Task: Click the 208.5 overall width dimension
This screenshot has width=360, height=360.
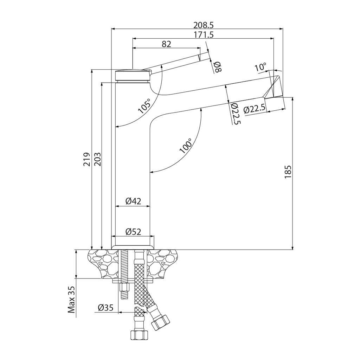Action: pos(204,25)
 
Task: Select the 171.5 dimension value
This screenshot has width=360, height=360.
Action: pos(204,35)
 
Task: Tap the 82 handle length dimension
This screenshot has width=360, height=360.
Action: pos(166,44)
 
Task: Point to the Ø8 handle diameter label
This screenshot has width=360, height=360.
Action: pos(217,67)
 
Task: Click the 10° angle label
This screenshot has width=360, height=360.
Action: pos(261,67)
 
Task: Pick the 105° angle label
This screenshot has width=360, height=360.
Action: pos(144,105)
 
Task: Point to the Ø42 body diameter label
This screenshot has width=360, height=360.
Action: pos(133,201)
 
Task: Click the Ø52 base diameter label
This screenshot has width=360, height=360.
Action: pos(133,232)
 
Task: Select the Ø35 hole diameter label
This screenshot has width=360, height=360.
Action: pos(105,308)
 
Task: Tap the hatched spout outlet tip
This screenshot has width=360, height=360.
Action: pos(275,87)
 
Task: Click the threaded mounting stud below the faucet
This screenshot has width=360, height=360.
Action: pos(124,267)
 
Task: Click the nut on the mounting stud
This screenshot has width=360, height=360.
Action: pos(124,288)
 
